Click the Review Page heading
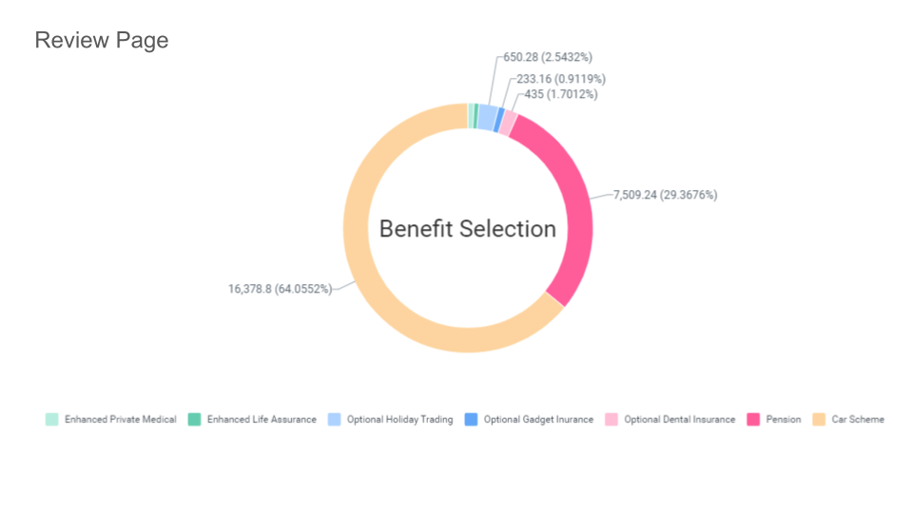tap(101, 41)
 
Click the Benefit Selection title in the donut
tap(467, 229)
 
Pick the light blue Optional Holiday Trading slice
tap(487, 117)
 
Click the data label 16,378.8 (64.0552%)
tap(280, 289)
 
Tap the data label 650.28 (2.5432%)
tap(548, 58)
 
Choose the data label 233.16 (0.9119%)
tap(554, 79)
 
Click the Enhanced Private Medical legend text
tap(121, 419)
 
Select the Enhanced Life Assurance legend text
tap(262, 419)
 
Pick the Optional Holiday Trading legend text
tap(399, 419)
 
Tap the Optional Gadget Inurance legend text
tap(538, 419)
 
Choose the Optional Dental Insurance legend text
tap(679, 419)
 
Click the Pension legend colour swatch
tap(753, 419)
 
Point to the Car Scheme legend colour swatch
tap(819, 419)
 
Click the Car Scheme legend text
tap(858, 419)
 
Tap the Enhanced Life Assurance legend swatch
tap(194, 419)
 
